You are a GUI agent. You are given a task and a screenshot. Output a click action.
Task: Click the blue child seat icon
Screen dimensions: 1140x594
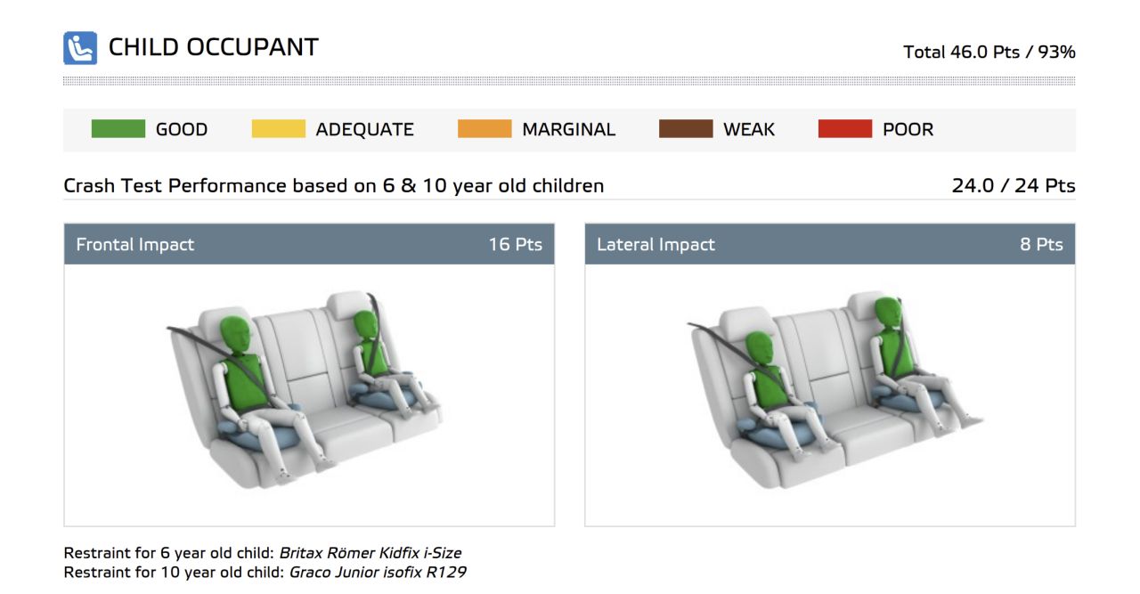80,48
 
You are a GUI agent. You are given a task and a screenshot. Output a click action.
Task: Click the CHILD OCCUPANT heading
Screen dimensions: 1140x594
213,47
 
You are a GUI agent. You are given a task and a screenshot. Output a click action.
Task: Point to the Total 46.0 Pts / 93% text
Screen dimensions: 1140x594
989,52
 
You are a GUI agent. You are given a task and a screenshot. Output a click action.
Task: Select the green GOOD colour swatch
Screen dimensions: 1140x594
118,129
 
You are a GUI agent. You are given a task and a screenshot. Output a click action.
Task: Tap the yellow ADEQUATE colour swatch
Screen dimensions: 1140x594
279,129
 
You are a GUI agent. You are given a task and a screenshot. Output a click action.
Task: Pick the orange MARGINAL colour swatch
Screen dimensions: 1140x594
484,129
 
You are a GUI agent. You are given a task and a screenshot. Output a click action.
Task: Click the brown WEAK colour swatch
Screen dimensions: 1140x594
686,129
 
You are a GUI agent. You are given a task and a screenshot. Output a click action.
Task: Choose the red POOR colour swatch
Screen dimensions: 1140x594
845,129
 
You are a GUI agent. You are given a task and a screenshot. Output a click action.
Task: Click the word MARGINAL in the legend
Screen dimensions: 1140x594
568,129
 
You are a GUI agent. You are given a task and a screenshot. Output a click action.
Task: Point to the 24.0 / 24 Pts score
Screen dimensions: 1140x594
1014,186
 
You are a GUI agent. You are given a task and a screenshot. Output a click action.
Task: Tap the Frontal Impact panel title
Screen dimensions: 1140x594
134,244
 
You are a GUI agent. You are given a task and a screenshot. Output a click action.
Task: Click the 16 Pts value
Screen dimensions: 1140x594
515,244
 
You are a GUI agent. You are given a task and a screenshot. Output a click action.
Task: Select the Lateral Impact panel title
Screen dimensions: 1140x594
655,244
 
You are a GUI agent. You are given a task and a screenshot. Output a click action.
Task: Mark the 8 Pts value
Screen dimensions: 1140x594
1041,244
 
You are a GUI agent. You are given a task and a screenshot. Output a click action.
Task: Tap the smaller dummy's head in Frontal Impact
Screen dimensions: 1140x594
365,327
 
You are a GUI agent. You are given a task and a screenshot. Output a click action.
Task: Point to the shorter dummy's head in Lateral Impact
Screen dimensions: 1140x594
760,349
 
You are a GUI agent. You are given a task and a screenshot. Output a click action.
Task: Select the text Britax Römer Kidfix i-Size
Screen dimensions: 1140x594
370,553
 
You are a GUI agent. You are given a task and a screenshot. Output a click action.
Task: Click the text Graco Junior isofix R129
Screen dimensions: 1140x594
377,572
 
